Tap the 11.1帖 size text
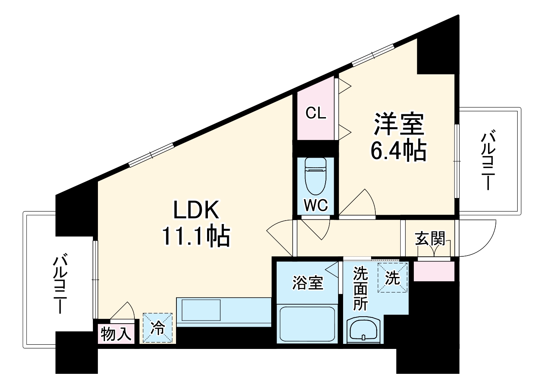[x=196, y=236]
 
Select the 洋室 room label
[x=399, y=124]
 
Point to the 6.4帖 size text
[x=399, y=151]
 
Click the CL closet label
[x=316, y=113]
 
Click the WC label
[x=316, y=205]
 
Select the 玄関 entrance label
[x=430, y=238]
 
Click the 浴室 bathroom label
[x=307, y=283]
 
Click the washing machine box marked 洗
[x=393, y=278]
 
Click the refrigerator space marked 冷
[x=157, y=328]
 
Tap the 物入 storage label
[x=116, y=334]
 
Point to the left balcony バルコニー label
[x=61, y=284]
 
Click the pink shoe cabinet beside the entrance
[x=434, y=271]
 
